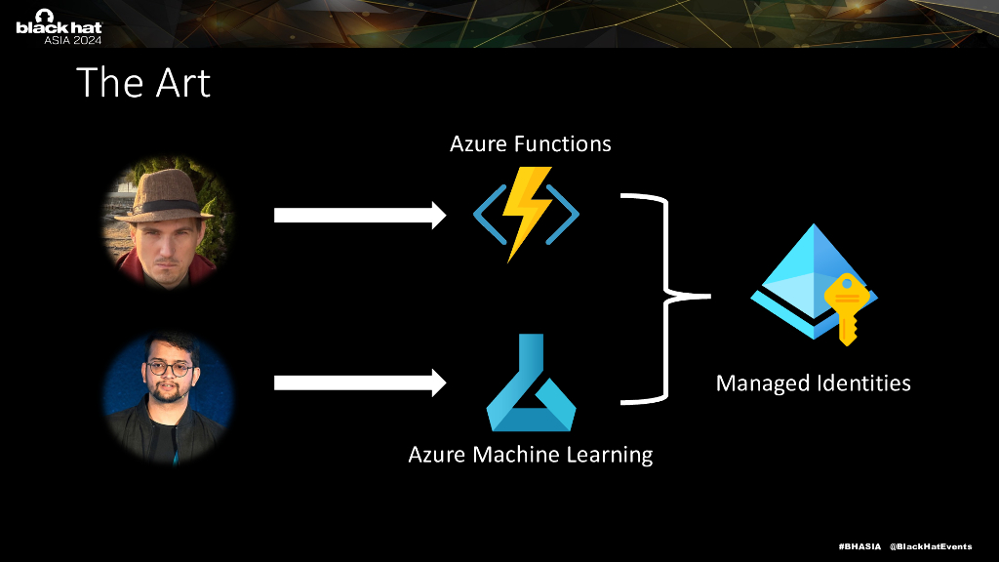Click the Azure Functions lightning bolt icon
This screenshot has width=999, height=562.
[526, 214]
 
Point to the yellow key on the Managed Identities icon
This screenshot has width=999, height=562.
[845, 306]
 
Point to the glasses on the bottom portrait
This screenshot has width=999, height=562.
[169, 369]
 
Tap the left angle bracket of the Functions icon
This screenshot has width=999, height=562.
[487, 213]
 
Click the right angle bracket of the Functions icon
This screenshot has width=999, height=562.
[565, 213]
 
